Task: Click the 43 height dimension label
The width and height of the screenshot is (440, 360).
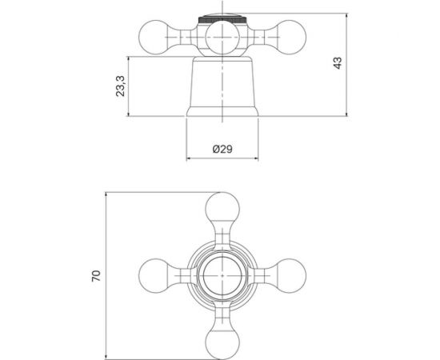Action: coord(338,63)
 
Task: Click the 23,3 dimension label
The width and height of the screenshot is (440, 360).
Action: coord(120,86)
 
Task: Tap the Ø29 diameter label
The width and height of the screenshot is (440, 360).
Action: coord(222,149)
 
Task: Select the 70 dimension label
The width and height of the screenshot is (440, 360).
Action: coord(96,276)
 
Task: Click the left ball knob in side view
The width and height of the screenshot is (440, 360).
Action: coord(154,37)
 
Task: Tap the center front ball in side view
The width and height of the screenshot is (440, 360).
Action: coord(222,38)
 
